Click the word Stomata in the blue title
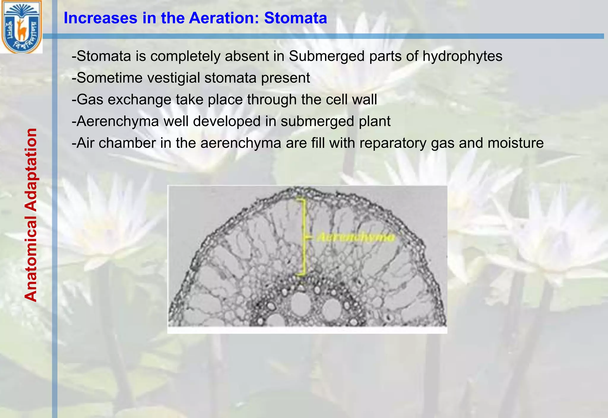[296, 18]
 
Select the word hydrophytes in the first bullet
[462, 56]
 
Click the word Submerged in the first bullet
[327, 56]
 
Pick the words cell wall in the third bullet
[351, 99]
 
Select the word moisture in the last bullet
[515, 143]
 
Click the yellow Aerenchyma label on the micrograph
[356, 237]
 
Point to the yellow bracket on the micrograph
[303, 237]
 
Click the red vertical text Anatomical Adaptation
[31, 215]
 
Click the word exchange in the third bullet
[140, 99]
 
